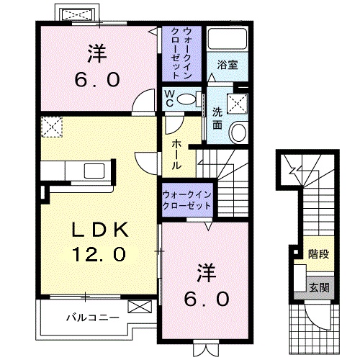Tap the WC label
[168, 97]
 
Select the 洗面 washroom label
[217, 117]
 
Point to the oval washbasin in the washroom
[238, 132]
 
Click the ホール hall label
[176, 154]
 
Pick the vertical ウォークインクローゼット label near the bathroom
[181, 52]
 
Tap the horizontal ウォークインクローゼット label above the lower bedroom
[186, 199]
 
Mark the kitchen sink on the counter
[94, 171]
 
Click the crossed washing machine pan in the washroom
[238, 103]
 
